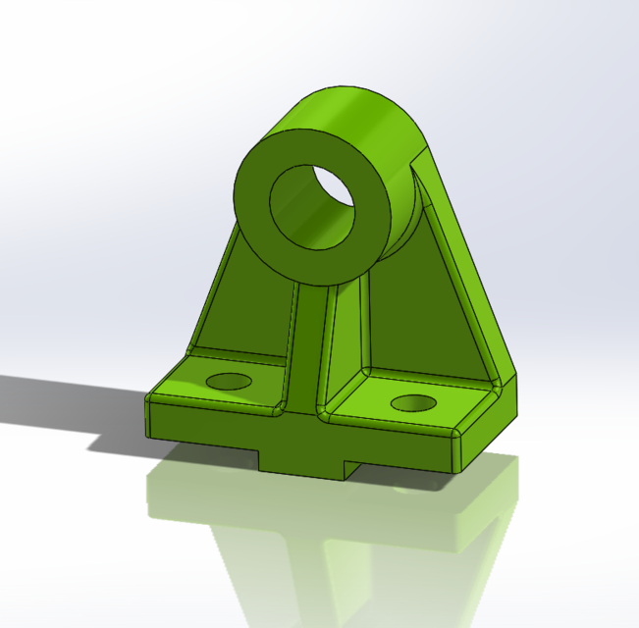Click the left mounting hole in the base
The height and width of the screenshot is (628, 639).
click(229, 381)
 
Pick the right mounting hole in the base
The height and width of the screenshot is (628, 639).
click(412, 401)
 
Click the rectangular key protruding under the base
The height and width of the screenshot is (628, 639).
click(304, 465)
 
